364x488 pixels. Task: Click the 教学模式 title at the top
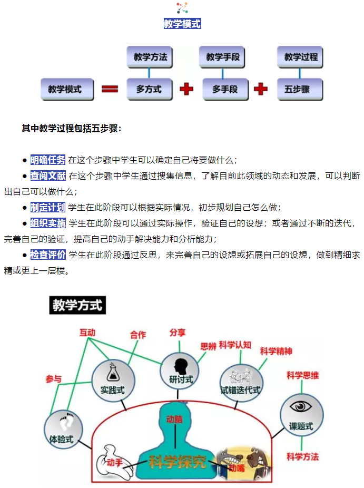coord(182,24)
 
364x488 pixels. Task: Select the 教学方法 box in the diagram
coord(150,57)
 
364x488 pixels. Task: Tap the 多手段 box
coord(225,90)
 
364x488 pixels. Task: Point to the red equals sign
coord(110,90)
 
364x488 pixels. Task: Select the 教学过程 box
coord(301,57)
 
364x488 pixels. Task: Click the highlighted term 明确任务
coord(48,160)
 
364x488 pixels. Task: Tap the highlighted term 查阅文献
coord(48,176)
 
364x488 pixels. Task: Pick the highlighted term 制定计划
coord(48,208)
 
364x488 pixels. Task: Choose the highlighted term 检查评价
coord(48,255)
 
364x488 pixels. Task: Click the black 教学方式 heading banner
coord(78,305)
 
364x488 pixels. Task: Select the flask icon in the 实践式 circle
coord(112,372)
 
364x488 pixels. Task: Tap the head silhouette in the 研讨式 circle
coord(181,365)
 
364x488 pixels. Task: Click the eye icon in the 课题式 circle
coord(301,406)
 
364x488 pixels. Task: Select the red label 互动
coord(87,333)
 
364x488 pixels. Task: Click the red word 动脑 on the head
coord(174,419)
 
